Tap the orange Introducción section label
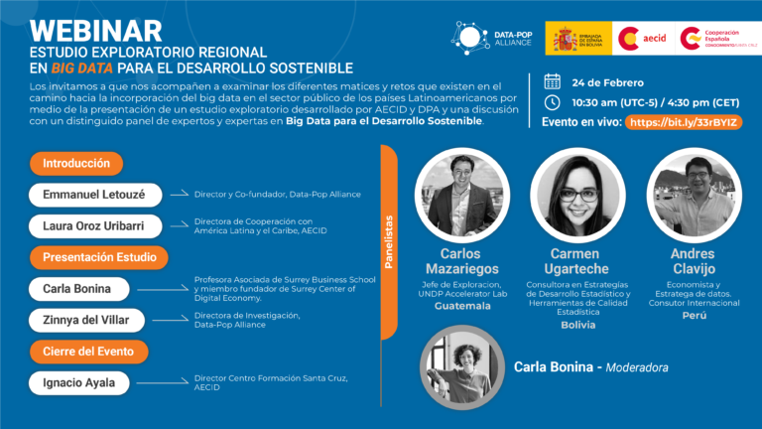coord(76,163)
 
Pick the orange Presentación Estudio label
coord(98,257)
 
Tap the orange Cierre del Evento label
coord(88,351)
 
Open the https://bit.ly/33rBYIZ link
coord(686,122)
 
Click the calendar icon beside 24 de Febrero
coord(553,81)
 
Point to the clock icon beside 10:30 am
coord(553,101)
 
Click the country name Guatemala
coord(460,306)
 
